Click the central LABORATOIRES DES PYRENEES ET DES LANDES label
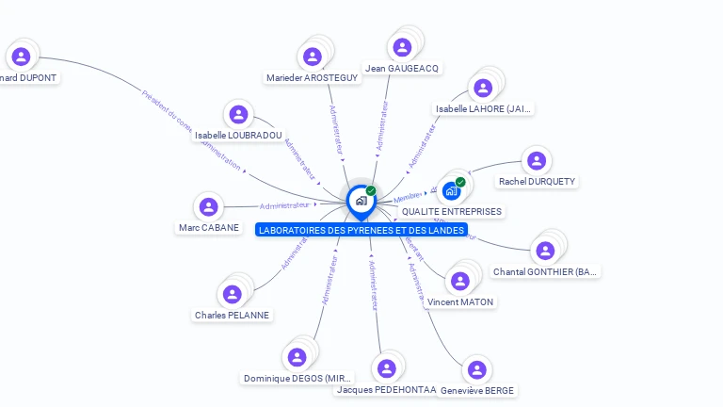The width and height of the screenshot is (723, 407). (361, 230)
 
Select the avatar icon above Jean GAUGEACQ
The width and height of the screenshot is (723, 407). (402, 47)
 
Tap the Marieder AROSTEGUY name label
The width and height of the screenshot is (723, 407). (312, 78)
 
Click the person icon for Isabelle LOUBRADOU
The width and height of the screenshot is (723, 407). (238, 115)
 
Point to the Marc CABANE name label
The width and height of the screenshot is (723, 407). (208, 228)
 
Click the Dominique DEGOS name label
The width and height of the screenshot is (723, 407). (298, 379)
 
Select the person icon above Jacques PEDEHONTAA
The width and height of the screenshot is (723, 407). (386, 368)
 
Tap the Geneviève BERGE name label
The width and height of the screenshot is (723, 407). (478, 390)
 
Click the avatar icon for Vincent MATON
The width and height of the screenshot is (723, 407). (459, 281)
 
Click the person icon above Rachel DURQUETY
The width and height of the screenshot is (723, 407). (537, 161)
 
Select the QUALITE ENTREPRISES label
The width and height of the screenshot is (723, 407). (452, 212)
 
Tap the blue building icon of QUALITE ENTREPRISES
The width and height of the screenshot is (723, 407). (451, 191)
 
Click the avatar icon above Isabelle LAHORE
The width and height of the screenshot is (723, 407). (483, 88)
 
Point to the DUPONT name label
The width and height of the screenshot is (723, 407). (29, 78)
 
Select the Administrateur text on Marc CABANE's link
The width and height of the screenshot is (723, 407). (284, 205)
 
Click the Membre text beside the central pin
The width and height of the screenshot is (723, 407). (408, 197)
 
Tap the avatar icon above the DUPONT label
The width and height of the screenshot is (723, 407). (21, 57)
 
